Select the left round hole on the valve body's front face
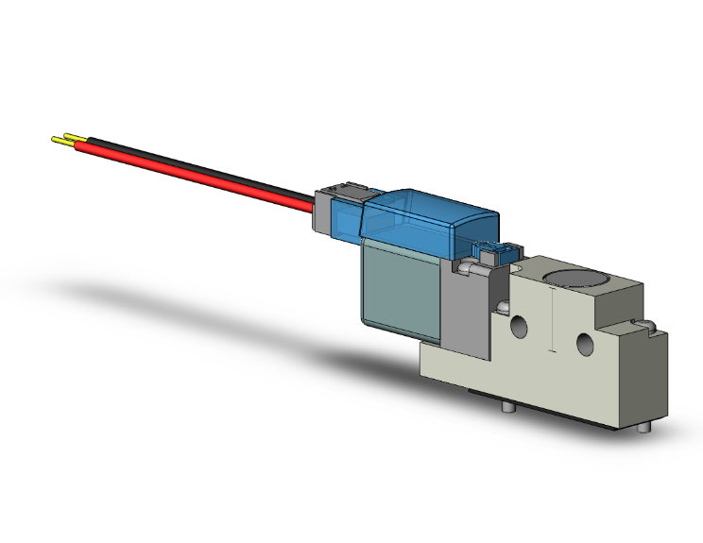click(x=519, y=328)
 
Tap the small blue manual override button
click(x=495, y=252)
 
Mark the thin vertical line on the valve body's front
click(x=551, y=321)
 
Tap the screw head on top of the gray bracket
click(x=465, y=269)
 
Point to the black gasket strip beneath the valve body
click(x=529, y=397)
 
